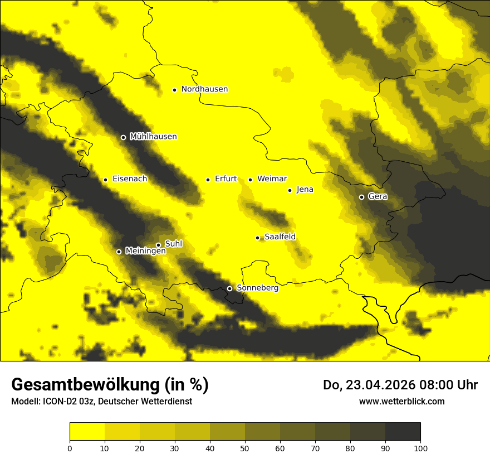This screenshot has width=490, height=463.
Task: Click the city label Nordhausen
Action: [204, 89]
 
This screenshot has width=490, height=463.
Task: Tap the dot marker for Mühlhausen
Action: [123, 137]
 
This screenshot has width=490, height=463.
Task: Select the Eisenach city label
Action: [130, 179]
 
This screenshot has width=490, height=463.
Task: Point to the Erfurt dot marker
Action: [208, 180]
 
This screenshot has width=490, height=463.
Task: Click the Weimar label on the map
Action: [272, 179]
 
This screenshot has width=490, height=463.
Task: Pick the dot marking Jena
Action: [290, 190]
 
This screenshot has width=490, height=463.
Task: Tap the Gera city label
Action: [378, 196]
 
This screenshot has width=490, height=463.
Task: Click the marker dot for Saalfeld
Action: [257, 238]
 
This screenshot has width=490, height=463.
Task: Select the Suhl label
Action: [174, 244]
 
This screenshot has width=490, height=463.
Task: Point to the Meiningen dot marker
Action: [119, 252]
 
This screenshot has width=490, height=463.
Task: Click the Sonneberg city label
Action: [257, 288]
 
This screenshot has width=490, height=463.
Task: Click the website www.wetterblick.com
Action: [401, 401]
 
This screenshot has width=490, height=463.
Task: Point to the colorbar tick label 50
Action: [245, 448]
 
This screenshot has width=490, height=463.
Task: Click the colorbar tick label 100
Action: [420, 448]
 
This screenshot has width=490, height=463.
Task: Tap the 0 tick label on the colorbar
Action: [70, 448]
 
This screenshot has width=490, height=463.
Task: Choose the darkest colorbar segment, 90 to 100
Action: [403, 431]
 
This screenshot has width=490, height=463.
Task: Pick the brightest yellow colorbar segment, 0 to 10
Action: [87, 431]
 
